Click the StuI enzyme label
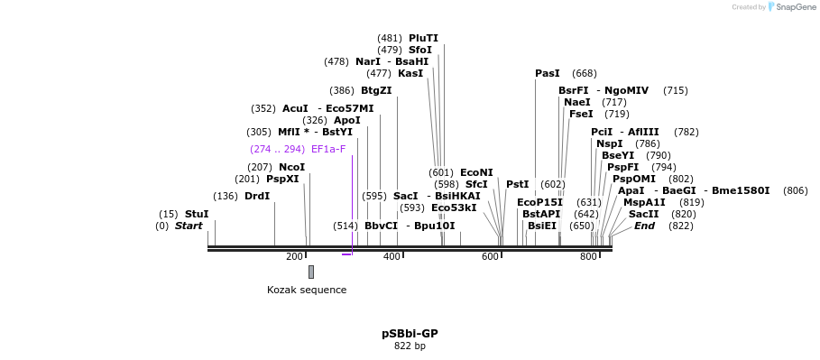197,214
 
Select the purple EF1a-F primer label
328,149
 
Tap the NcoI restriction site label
291,168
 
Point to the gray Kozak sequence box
311,272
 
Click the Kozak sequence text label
307,290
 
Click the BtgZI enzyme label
376,90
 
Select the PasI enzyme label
548,73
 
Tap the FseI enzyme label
581,114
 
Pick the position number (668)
585,73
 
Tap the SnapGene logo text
796,7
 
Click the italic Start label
189,226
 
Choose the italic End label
644,226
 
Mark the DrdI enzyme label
257,196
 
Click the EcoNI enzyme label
476,172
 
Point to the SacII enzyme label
644,214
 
